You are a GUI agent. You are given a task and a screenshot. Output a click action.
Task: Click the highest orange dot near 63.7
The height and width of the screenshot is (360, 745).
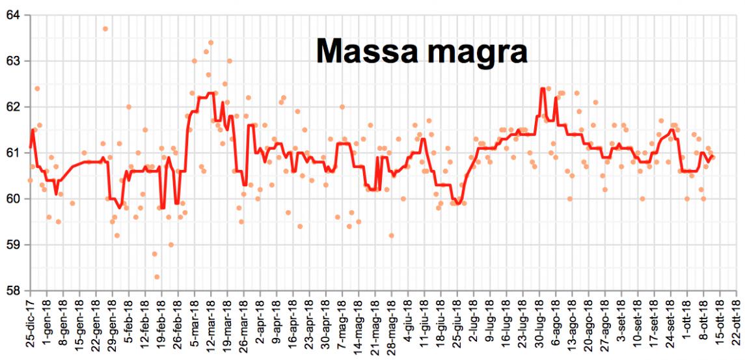point(105,29)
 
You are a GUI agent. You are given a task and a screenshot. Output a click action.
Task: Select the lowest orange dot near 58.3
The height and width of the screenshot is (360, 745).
point(157,277)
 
